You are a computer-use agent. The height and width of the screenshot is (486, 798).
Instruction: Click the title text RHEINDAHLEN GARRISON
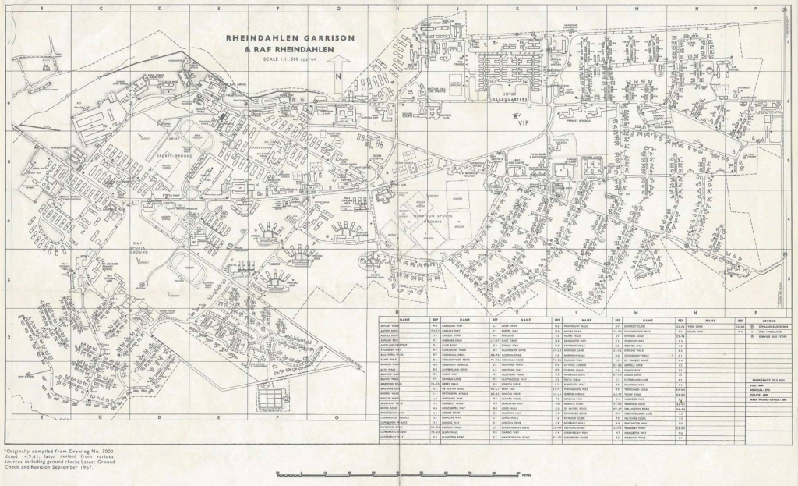click(291, 37)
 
